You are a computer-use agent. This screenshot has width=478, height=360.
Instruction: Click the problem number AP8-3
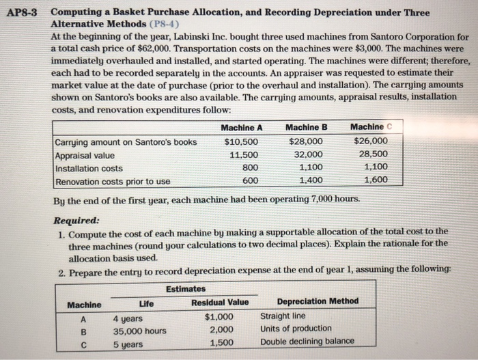(x=26, y=13)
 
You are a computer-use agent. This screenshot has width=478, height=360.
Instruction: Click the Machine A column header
(x=242, y=128)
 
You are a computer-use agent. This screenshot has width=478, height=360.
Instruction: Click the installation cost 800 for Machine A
(x=250, y=167)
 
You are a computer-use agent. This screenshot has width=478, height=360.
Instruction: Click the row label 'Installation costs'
(x=89, y=168)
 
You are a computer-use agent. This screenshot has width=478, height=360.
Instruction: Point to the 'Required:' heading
(x=76, y=221)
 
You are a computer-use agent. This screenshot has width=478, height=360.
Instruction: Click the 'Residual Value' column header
(x=220, y=303)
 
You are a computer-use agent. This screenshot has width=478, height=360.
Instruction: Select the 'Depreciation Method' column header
(x=318, y=302)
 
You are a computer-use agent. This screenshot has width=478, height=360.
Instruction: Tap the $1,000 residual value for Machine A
(x=220, y=316)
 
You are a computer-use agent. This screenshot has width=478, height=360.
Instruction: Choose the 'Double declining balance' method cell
(x=308, y=342)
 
